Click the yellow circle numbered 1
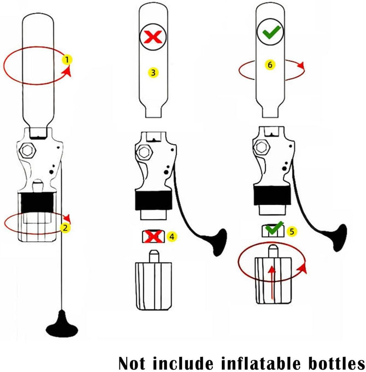pos(67,59)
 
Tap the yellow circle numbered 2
pos(65,228)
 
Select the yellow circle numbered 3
pos(153,72)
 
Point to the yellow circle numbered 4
pos(172,237)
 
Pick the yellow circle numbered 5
pos(292,231)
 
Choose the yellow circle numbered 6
pos(270,64)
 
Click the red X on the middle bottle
pos(153,37)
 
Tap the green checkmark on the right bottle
pos(271,32)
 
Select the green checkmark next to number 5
pos(274,228)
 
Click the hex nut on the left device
pos(27,150)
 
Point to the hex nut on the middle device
pos(144,152)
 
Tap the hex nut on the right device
pos(262,147)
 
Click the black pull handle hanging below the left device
pos(62,324)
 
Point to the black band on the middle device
pos(154,200)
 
